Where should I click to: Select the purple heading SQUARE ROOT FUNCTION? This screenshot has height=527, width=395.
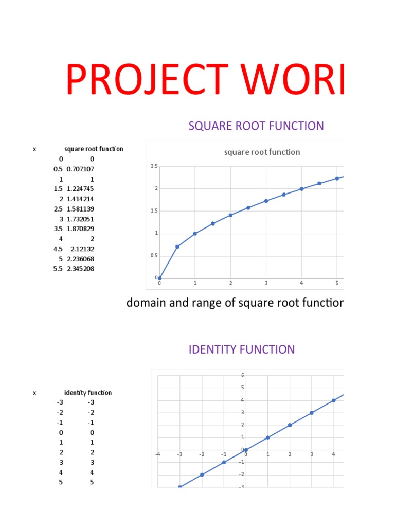click(256, 126)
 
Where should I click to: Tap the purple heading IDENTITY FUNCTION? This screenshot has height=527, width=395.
click(242, 349)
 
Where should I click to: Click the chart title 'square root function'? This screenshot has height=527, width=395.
click(262, 152)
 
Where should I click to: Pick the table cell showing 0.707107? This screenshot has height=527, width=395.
click(80, 169)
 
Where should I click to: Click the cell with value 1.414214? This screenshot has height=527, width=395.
click(80, 199)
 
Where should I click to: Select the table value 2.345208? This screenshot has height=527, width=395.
click(80, 268)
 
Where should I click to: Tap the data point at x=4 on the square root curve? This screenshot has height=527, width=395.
click(301, 189)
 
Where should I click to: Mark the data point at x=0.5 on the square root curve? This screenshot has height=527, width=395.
click(177, 247)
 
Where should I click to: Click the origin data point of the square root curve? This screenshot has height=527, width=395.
click(159, 278)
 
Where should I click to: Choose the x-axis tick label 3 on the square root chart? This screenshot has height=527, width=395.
click(266, 283)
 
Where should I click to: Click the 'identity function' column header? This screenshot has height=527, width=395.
click(88, 393)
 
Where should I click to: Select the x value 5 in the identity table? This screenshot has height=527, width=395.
click(61, 482)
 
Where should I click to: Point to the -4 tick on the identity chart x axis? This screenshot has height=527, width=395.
click(158, 454)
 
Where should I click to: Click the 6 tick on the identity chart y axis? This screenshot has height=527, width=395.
click(242, 375)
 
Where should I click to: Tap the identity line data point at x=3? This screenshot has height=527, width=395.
click(312, 413)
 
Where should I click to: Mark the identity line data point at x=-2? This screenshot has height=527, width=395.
click(202, 475)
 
